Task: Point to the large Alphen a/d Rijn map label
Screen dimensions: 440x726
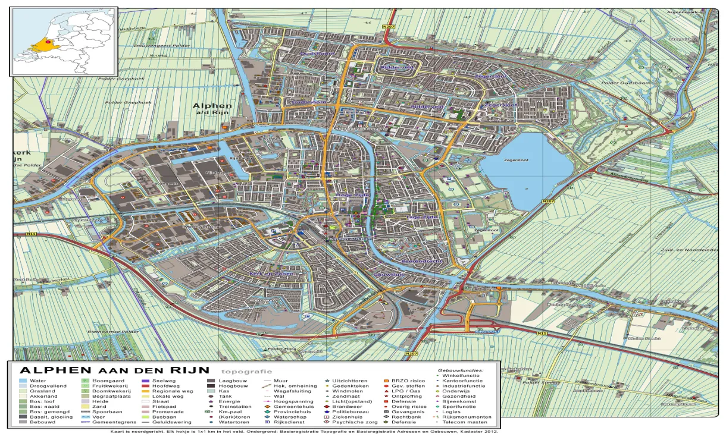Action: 212,109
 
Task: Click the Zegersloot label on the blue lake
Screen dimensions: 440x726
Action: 516,159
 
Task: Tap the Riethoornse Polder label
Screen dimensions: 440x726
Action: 113,332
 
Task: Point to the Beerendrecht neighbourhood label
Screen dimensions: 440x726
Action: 421,261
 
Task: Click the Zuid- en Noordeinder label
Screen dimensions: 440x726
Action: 692,250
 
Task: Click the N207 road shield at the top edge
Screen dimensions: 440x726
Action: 389,27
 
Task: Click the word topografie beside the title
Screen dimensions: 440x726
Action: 243,372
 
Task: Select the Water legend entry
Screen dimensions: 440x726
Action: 37,381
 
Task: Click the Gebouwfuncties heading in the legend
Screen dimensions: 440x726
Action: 461,370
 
